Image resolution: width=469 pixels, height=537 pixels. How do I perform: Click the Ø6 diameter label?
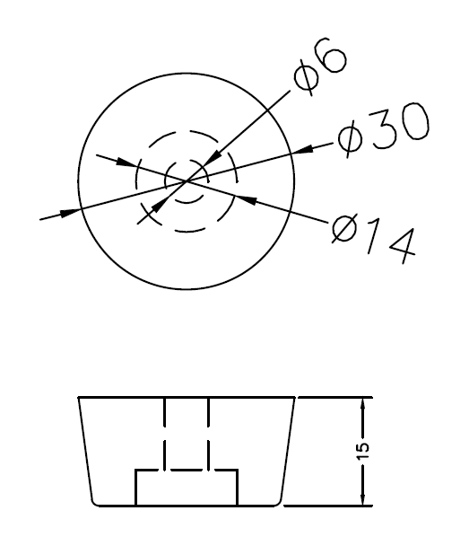point(319,66)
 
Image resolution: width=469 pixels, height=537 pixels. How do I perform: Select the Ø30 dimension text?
point(383,129)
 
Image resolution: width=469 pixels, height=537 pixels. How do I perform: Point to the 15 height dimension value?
point(364,452)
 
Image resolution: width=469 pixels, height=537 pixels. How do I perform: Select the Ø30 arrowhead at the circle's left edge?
point(70,212)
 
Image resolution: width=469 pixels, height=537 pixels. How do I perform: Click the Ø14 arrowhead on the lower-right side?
point(246,200)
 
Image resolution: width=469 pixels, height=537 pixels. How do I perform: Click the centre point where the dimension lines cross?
point(187,180)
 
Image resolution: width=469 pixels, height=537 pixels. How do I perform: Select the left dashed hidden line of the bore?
point(165,434)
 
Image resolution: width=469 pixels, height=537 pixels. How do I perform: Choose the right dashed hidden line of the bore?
point(208,434)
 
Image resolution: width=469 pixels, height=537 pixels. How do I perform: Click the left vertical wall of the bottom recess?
point(135,488)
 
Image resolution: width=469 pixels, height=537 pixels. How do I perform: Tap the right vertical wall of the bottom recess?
point(237,488)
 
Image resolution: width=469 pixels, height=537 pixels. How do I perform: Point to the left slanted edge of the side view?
point(85,449)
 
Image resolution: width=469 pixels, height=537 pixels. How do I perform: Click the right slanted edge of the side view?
point(287,449)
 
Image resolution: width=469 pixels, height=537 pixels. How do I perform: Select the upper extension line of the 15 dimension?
point(335,397)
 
